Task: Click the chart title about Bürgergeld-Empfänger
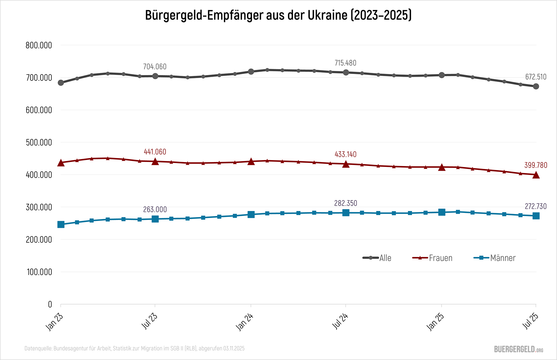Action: (278, 15)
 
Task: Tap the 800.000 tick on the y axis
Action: (39, 45)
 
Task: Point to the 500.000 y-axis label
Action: (39, 142)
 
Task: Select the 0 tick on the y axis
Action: (50, 304)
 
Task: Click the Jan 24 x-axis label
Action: (245, 322)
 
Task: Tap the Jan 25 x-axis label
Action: (435, 322)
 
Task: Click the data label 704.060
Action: (155, 67)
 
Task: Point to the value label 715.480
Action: (345, 63)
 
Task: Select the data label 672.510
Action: (536, 77)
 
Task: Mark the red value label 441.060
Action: (155, 152)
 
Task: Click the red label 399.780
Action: (536, 165)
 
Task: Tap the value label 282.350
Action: (345, 203)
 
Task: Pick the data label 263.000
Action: (155, 209)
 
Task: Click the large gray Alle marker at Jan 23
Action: (61, 83)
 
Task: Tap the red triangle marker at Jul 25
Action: (536, 175)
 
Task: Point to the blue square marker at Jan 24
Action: (251, 215)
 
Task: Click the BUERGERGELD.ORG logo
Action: (518, 349)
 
